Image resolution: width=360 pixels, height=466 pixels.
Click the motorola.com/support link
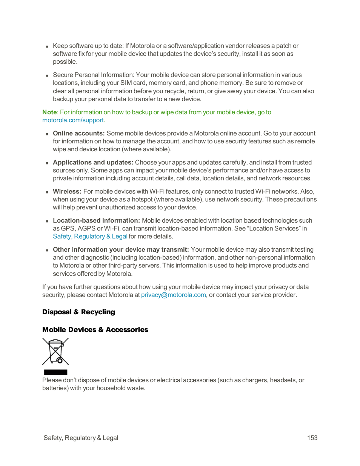[x=73, y=120]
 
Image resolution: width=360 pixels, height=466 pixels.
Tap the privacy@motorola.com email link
[x=173, y=295]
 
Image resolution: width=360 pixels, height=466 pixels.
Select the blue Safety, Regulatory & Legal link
[x=90, y=237]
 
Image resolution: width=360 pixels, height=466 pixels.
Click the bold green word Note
[x=49, y=112]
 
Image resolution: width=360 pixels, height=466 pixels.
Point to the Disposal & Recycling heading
[x=78, y=312]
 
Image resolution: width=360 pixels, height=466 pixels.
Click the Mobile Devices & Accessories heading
[x=95, y=330]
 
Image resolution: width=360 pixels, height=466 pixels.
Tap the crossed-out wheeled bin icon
[x=55, y=351]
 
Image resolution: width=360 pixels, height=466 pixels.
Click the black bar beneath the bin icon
[x=55, y=372]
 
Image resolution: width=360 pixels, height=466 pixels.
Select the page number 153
[x=312, y=438]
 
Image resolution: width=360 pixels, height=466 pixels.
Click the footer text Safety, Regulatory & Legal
[x=81, y=438]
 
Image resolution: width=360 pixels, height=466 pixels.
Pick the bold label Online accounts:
[x=78, y=134]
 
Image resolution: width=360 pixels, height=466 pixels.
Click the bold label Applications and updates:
[x=93, y=163]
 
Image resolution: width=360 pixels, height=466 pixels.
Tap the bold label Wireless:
[x=67, y=192]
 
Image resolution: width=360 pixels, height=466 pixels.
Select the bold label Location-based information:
[x=96, y=221]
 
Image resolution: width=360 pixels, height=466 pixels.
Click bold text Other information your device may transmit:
[x=120, y=250]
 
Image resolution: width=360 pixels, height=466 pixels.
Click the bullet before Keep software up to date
[x=47, y=46]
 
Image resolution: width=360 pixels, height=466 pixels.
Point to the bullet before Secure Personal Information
[x=47, y=75]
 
